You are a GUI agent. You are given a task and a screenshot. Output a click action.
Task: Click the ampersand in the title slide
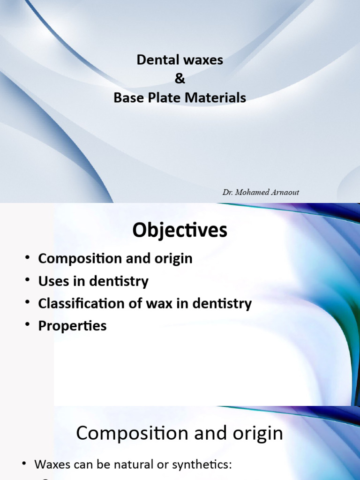(x=180, y=79)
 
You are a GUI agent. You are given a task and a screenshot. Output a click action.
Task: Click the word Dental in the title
(x=153, y=60)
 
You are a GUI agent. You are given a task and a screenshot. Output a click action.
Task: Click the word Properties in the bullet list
(x=72, y=326)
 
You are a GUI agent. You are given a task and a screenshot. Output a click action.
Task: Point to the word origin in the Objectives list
(x=173, y=258)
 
